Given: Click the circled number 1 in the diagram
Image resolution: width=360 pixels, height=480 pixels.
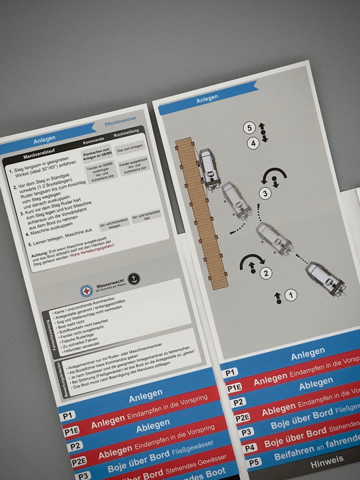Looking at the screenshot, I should tap(292, 294).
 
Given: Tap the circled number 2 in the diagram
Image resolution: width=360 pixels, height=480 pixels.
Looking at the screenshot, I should tap(267, 273).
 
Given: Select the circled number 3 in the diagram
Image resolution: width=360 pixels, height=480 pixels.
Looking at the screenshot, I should tap(265, 193).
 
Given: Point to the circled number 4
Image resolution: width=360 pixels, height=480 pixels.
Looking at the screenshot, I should tap(253, 143).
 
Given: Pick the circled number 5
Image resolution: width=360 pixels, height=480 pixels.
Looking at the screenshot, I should tap(249, 127).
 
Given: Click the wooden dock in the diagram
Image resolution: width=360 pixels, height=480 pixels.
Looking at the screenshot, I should tap(200, 213).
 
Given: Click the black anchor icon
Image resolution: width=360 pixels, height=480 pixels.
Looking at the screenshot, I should tap(134, 279).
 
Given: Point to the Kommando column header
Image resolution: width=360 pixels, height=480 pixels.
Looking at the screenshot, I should tap(93, 143).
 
